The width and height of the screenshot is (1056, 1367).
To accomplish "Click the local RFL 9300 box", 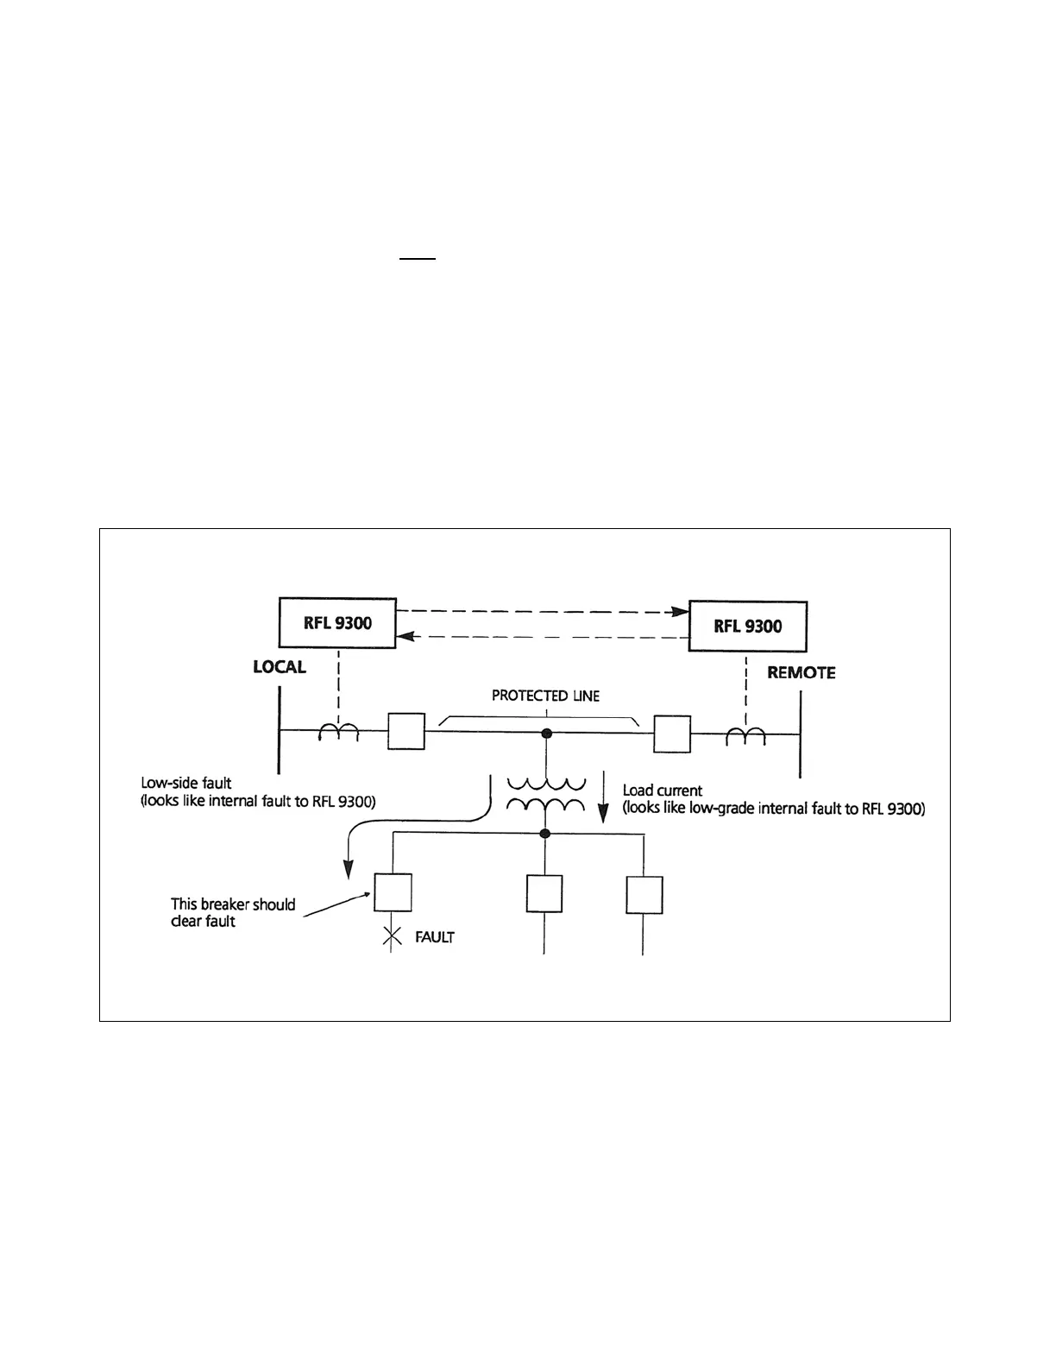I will [337, 622].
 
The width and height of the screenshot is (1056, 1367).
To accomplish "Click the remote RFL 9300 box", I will [747, 626].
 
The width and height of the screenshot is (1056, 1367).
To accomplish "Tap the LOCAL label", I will [280, 667].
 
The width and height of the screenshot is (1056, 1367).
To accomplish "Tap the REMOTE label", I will [801, 672].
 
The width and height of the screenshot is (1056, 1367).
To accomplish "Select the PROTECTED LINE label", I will [545, 696].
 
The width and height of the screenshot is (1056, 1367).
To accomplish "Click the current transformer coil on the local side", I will [338, 732].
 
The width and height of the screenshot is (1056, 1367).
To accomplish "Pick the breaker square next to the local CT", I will [405, 732].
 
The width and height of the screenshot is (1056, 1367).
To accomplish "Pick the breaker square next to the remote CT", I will [672, 734].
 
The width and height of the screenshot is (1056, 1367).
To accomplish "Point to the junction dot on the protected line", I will [546, 734].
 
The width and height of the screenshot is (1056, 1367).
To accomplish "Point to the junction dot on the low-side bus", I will [544, 834].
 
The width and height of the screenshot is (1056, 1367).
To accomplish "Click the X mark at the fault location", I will [392, 936].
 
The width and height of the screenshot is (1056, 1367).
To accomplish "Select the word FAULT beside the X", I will [435, 937].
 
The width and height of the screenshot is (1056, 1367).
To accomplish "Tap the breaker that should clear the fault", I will [393, 892].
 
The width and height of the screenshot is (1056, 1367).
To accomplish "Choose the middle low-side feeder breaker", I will [544, 893].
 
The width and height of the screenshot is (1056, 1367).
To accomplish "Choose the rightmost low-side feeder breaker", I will [644, 895].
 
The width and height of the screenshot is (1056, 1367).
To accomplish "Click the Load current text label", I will [663, 791].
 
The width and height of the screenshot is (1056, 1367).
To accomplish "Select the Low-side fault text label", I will [186, 784].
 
